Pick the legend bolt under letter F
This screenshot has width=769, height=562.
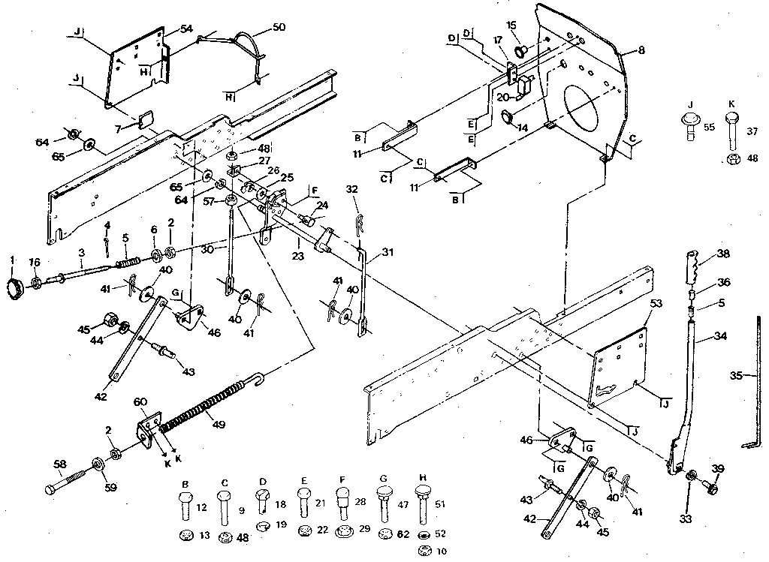coord(342,503)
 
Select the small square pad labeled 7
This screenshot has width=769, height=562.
coord(146,118)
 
